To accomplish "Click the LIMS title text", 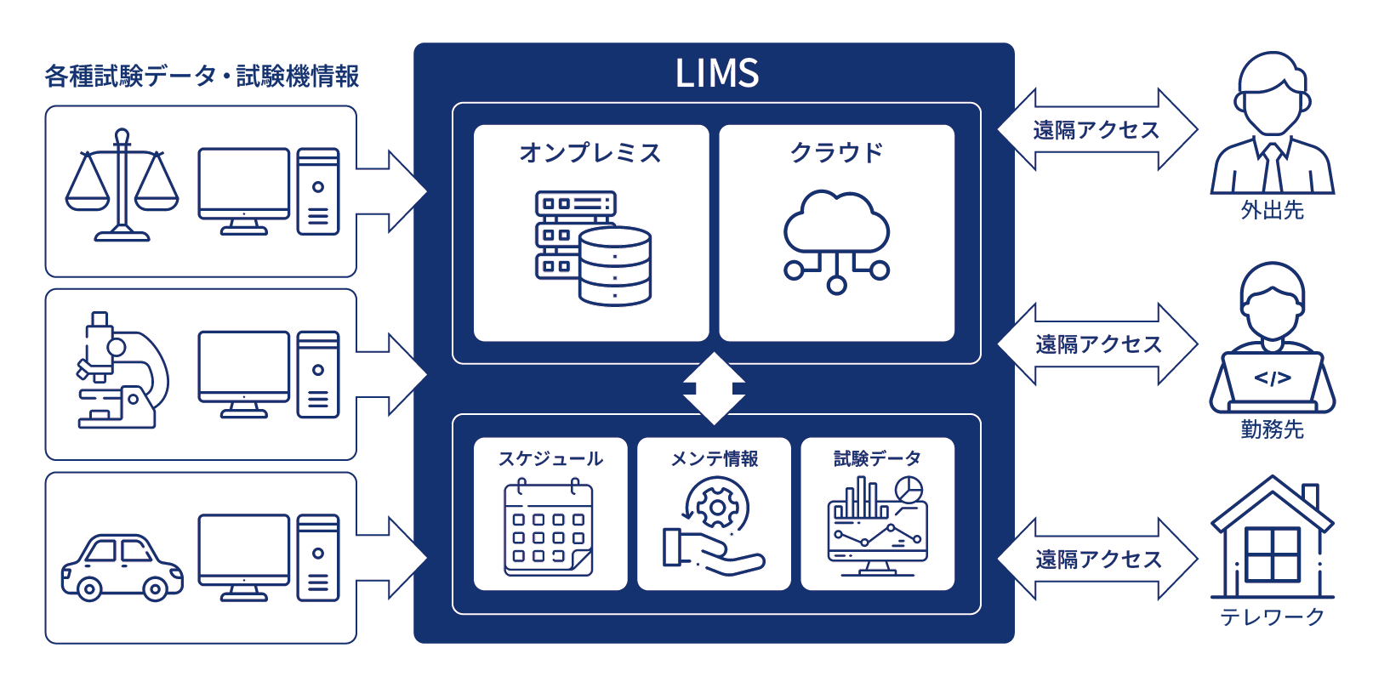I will (716, 73).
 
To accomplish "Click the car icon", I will (122, 567).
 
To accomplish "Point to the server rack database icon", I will (593, 247).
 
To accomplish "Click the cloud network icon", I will (836, 242).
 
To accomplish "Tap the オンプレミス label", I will (590, 153).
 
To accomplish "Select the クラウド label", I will (836, 153).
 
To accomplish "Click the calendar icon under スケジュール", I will (549, 527).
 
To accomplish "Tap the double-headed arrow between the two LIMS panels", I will (714, 389).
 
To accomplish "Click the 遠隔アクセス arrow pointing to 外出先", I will (1097, 130).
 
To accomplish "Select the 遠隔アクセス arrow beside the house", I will (1097, 559).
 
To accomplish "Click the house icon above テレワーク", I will (1272, 540).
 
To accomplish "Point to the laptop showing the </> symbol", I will (1272, 379).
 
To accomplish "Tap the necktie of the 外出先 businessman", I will (1273, 168).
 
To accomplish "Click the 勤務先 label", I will (1272, 429).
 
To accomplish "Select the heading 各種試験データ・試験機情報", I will (202, 77).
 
